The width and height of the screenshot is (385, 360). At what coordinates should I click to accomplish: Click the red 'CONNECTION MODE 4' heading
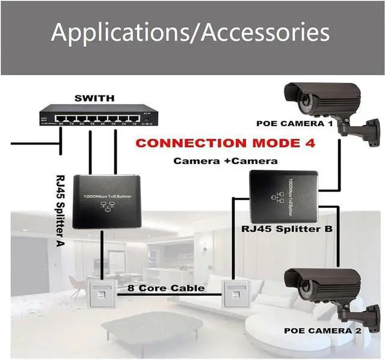pos(226,144)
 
